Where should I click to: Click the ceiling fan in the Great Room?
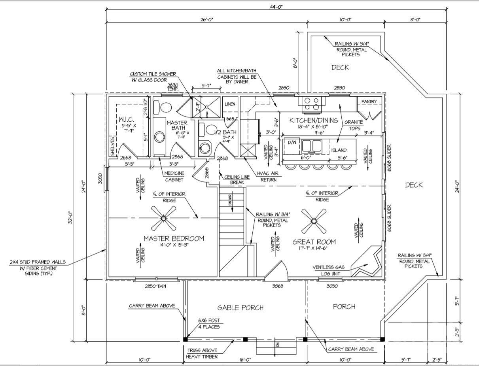[x=314, y=221]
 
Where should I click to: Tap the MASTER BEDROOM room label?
[x=174, y=238]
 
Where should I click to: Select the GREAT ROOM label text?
[x=314, y=242]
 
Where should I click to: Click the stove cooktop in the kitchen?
[x=311, y=104]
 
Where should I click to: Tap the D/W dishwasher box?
[x=292, y=142]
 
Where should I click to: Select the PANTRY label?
[x=369, y=102]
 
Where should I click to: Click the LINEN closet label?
[x=230, y=104]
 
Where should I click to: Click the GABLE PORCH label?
[x=240, y=308]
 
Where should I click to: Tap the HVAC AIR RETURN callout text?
[x=267, y=177]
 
